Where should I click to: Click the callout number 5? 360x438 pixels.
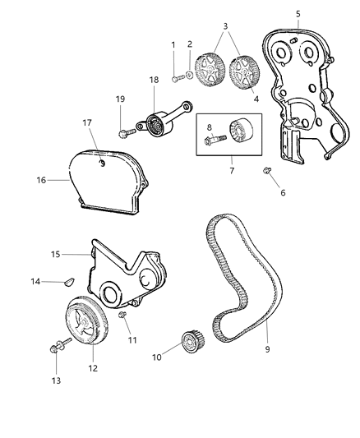pos(298,13)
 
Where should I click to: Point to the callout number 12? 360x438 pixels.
pos(92,368)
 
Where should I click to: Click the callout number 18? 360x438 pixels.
pos(154,80)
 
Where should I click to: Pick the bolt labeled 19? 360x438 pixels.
pos(125,131)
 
